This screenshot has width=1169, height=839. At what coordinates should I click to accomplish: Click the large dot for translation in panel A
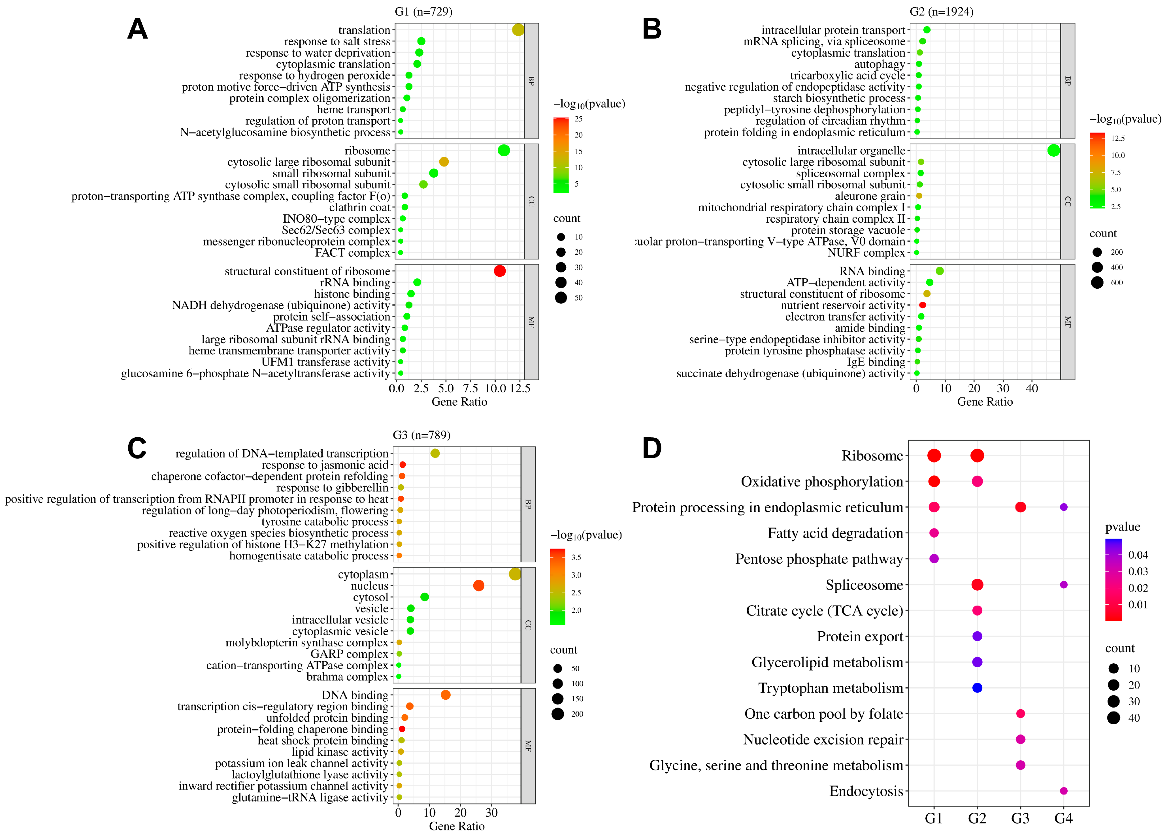click(x=518, y=30)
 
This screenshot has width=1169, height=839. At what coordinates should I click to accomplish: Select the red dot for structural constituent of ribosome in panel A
click(x=499, y=271)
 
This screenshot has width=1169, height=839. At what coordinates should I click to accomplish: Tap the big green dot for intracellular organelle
click(x=1053, y=150)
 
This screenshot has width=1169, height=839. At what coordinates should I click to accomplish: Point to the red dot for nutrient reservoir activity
click(x=923, y=305)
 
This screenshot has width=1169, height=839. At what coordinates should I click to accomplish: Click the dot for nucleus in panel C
click(x=478, y=585)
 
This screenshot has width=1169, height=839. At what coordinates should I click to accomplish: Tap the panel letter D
click(x=652, y=448)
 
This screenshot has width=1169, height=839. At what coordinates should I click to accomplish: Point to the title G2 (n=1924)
click(x=941, y=11)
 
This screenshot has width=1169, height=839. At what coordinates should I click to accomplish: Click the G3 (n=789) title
click(x=421, y=435)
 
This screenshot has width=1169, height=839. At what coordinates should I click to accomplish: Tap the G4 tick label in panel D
click(x=1063, y=818)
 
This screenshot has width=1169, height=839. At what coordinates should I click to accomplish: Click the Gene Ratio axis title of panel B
click(x=985, y=402)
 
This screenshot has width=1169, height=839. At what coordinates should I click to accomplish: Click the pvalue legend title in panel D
click(x=1123, y=527)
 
